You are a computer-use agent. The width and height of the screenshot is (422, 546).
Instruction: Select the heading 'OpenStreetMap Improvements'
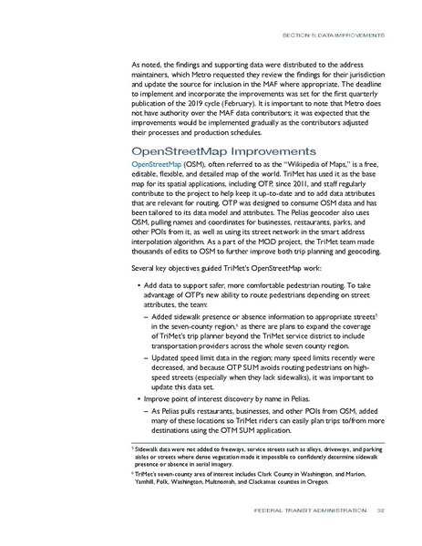coord(213,149)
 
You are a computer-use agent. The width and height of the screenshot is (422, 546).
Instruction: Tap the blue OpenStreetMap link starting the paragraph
coord(157,170)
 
